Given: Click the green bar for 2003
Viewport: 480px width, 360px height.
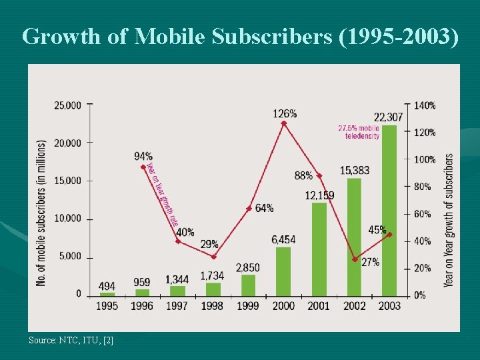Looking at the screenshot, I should (x=389, y=210).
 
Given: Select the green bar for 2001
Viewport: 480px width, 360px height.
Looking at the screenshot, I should (x=319, y=249).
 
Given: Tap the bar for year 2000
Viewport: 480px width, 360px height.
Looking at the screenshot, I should (x=283, y=271).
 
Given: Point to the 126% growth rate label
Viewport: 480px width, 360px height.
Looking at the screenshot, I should (x=285, y=114).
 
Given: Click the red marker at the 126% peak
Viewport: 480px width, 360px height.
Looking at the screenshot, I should (x=284, y=123).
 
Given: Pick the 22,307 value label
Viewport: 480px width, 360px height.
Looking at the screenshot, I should (x=388, y=117).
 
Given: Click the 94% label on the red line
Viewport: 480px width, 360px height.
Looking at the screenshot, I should (x=143, y=156).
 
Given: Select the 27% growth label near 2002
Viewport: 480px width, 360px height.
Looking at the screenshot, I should (x=370, y=262).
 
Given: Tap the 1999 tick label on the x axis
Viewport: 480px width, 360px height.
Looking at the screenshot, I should (x=249, y=306).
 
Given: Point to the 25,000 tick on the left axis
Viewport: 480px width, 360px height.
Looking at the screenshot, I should (x=67, y=105).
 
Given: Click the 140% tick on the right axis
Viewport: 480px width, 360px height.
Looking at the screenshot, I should (x=425, y=105).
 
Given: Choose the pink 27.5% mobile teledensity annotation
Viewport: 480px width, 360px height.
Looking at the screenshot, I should (x=359, y=132).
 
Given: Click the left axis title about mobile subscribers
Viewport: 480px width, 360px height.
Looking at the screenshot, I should (x=41, y=213).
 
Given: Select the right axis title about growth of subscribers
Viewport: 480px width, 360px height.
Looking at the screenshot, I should (x=449, y=220).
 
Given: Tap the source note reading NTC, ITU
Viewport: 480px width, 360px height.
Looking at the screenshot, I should (x=71, y=341).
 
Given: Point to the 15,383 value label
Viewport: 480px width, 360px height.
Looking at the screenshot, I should (x=354, y=171).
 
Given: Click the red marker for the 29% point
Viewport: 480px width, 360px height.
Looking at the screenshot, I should (x=213, y=257).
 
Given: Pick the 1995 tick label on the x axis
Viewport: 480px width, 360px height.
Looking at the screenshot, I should (x=107, y=306).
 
